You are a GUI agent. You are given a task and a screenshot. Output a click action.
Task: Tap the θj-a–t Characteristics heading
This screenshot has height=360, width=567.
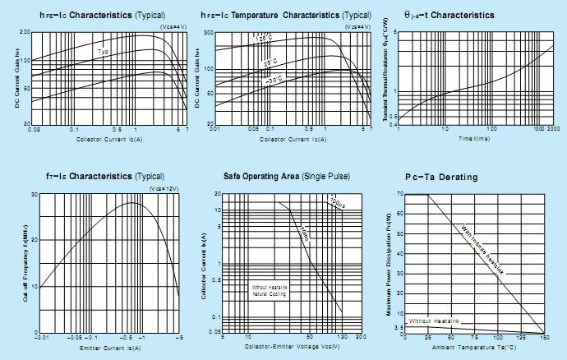coord(450,16)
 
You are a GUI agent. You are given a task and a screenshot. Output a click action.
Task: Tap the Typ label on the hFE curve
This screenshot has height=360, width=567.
coord(104,52)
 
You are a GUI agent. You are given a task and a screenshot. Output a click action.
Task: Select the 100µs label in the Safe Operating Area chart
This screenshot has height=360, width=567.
coord(336,201)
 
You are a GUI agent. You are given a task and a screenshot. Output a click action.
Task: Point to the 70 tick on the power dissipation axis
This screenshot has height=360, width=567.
coord(399,194)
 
